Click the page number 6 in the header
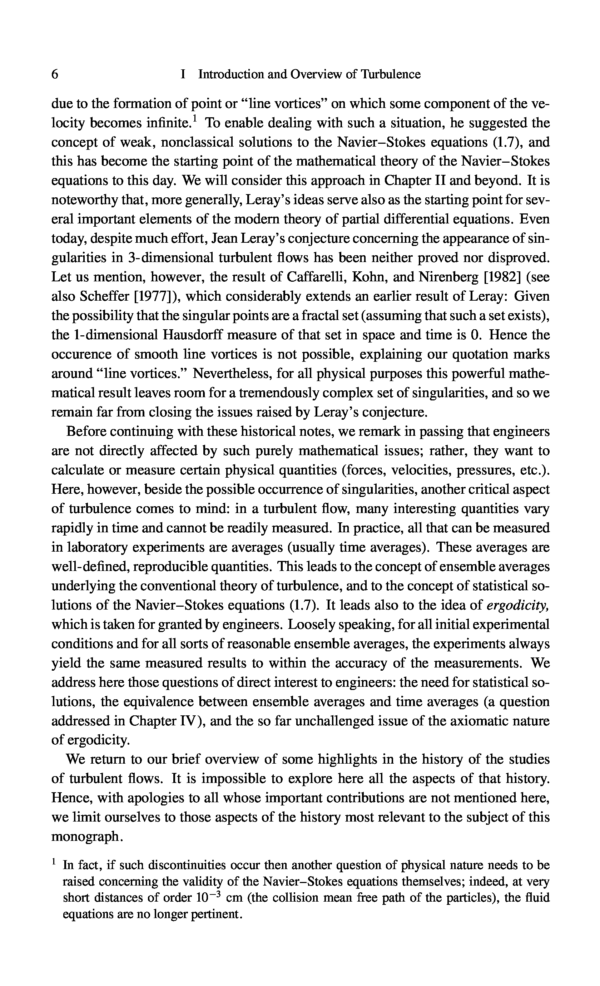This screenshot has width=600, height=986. [x=55, y=74]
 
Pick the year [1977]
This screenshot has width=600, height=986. [x=153, y=296]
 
